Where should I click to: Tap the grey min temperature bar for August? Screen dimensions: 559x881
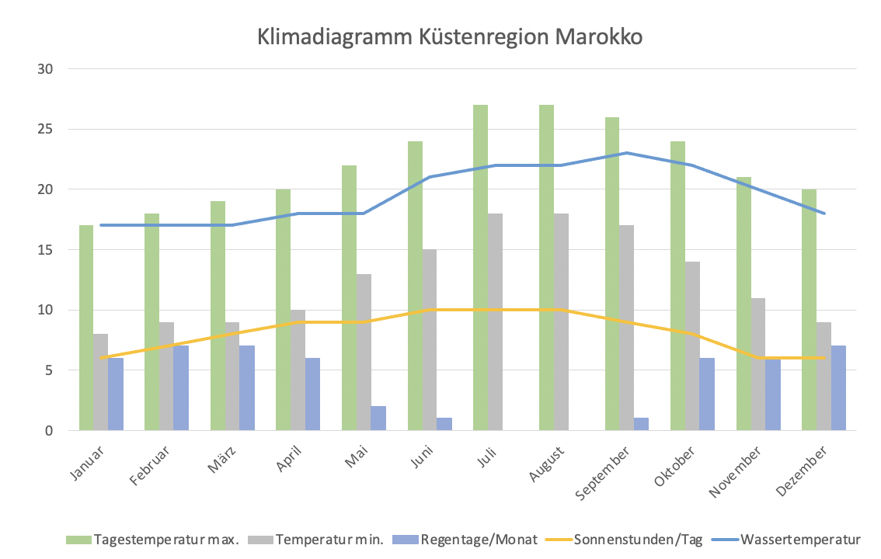(x=560, y=322)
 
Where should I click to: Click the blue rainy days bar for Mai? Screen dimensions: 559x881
(x=378, y=418)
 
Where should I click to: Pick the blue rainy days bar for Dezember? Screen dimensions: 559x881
(x=838, y=388)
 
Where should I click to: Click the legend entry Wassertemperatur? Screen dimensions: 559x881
(x=800, y=540)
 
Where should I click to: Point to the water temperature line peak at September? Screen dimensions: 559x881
(x=626, y=153)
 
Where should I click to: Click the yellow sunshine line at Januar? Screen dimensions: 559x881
(x=101, y=358)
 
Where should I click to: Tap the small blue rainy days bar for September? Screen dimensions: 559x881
(x=641, y=424)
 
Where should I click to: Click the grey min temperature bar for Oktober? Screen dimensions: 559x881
(x=692, y=345)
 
